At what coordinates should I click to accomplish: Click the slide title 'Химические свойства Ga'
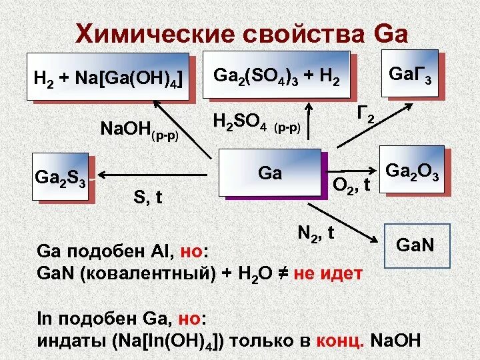[x=241, y=33]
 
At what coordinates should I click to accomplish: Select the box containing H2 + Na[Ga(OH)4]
[x=108, y=77]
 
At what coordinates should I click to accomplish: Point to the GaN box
[x=415, y=245]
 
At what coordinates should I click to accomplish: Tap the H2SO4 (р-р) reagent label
[x=257, y=123]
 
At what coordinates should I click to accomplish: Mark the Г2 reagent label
[x=365, y=116]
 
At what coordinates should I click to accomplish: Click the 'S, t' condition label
[x=149, y=196]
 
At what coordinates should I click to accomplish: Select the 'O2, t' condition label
[x=351, y=185]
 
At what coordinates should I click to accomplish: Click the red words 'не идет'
[x=328, y=273]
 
